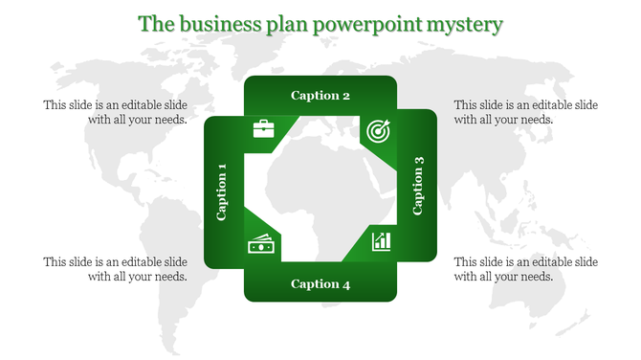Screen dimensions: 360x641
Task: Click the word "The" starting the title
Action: [x=156, y=23]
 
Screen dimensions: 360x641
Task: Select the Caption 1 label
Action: [x=222, y=191]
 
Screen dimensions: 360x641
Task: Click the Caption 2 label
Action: [x=320, y=95]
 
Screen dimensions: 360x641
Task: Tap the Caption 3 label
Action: [x=418, y=191]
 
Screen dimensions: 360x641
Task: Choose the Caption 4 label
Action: [x=320, y=283]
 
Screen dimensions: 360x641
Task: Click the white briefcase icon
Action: [x=263, y=128]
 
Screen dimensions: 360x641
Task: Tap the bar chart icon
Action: [x=382, y=239]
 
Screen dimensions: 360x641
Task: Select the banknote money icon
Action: [x=260, y=245]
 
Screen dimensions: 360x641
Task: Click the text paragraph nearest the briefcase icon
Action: [x=115, y=112]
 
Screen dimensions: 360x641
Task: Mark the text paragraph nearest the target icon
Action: [x=525, y=112]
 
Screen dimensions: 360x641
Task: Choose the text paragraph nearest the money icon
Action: [x=115, y=269]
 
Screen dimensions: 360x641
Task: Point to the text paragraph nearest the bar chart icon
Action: [x=525, y=269]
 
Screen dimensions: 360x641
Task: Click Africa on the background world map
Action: [x=306, y=191]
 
